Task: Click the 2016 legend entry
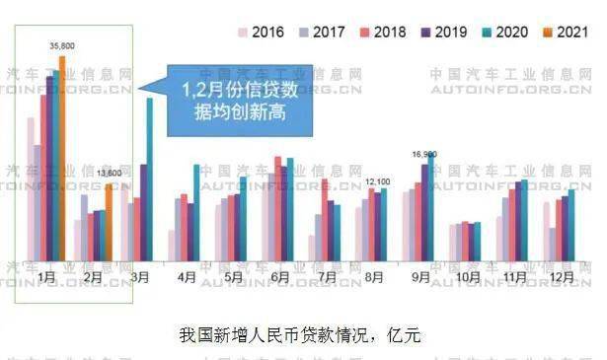click(261, 33)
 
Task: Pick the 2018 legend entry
click(381, 33)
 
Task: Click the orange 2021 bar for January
click(62, 158)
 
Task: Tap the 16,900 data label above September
click(424, 154)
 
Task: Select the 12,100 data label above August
click(378, 181)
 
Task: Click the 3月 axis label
click(139, 277)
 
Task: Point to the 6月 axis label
click(279, 277)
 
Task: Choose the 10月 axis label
click(468, 277)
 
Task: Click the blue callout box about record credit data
click(240, 101)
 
